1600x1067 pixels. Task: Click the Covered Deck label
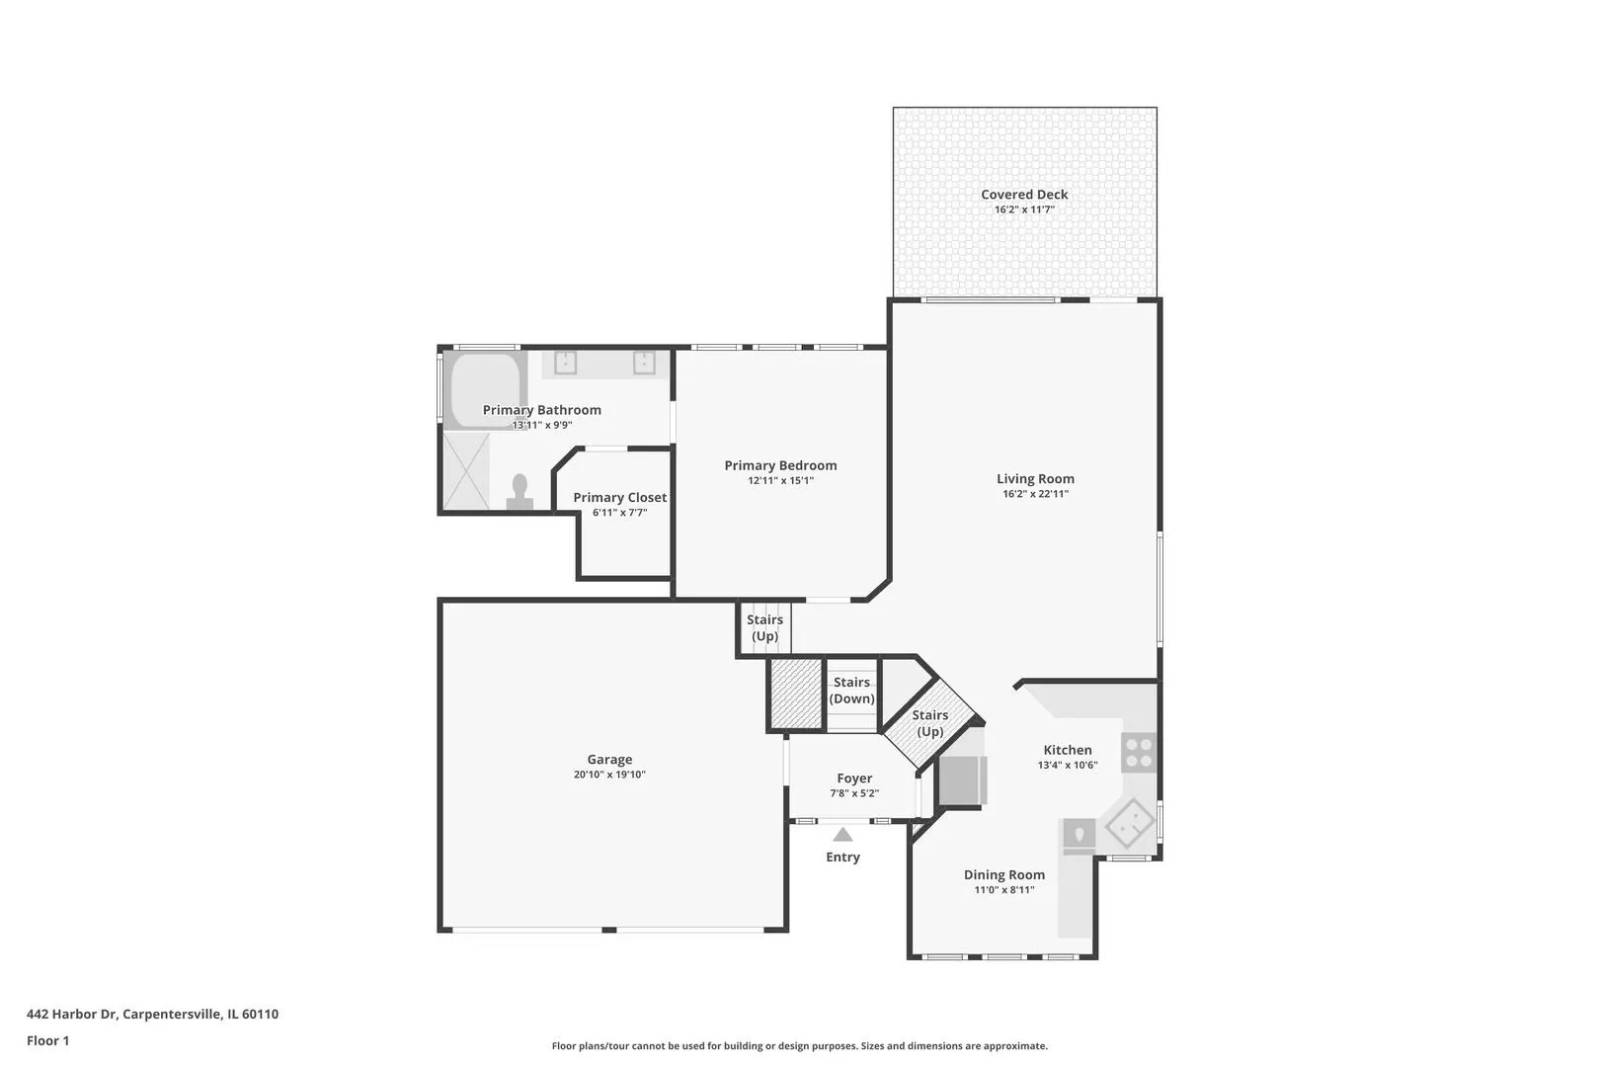coord(1024,195)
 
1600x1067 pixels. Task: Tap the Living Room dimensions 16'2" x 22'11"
coord(1035,494)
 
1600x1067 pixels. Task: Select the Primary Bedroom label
coord(780,465)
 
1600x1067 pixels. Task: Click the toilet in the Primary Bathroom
coord(520,492)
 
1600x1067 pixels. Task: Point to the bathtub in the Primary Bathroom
coord(486,389)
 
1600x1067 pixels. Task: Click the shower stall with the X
coord(466,471)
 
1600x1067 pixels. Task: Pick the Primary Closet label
coord(620,497)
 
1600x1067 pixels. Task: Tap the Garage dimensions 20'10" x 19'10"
coord(609,774)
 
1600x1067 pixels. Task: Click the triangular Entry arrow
coord(842,834)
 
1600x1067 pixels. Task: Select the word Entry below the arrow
coord(842,857)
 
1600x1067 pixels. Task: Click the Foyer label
coord(854,779)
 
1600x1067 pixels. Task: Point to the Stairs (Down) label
coord(851,691)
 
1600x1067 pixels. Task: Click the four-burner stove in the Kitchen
coord(1139,753)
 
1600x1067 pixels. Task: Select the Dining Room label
coord(1004,874)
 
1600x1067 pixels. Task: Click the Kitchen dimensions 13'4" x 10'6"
coord(1067,765)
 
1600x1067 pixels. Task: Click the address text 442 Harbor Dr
coord(71,1014)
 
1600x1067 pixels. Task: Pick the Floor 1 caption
coord(47,1040)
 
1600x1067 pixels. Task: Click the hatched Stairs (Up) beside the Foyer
coord(930,723)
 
